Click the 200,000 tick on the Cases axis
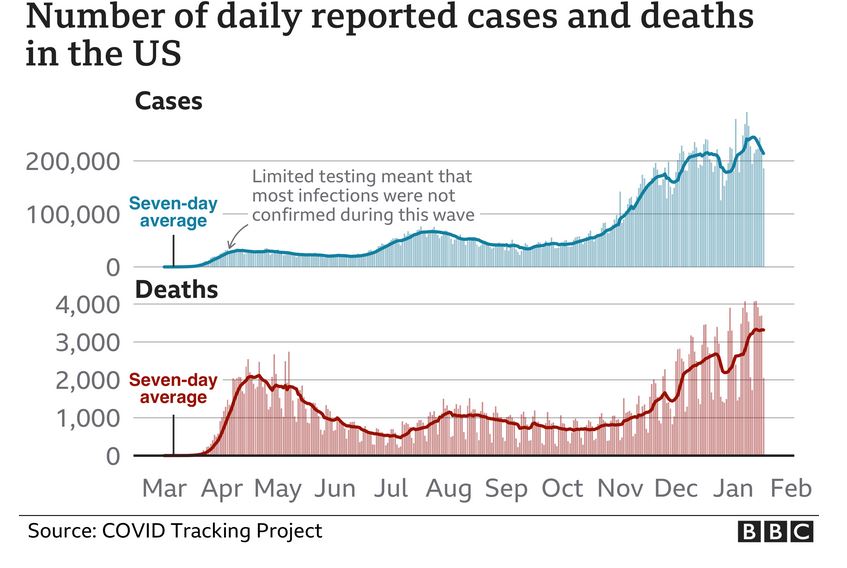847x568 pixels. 71,162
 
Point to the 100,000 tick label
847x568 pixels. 71,215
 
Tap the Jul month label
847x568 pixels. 392,489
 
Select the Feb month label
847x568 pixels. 790,489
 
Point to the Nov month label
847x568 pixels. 621,489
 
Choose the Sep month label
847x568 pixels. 507,489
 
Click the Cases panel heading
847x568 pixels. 169,102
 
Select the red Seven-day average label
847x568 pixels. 169,389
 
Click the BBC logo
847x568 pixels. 775,532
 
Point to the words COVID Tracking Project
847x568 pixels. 212,531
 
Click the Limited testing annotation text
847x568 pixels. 362,194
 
